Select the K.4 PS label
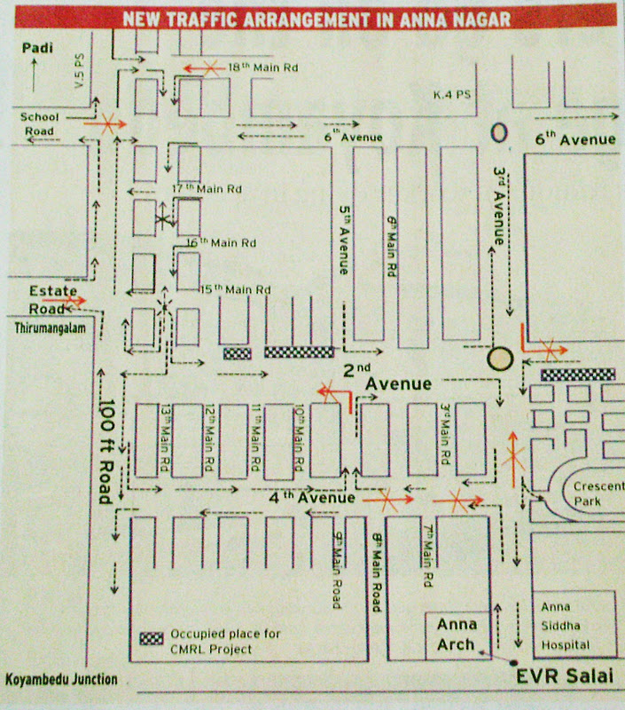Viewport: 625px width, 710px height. (x=449, y=94)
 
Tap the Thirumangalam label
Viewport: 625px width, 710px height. (x=42, y=328)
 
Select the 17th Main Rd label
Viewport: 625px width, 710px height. (x=208, y=189)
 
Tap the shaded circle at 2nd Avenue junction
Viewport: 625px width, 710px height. (x=501, y=358)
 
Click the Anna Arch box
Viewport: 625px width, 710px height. (x=457, y=635)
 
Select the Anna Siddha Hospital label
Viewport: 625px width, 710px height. (x=566, y=627)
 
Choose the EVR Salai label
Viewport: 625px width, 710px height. (x=566, y=677)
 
